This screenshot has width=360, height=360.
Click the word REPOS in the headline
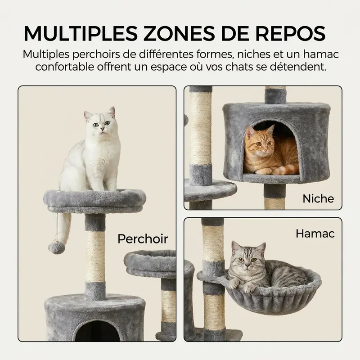290,33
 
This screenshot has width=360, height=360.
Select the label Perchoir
143,239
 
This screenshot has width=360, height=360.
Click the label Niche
318,198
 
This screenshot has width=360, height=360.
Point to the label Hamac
315,234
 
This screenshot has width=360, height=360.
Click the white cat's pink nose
102,130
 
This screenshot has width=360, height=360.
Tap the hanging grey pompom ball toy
57,248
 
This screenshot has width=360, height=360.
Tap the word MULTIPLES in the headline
81,33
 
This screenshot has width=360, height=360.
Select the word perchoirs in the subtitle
96,54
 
